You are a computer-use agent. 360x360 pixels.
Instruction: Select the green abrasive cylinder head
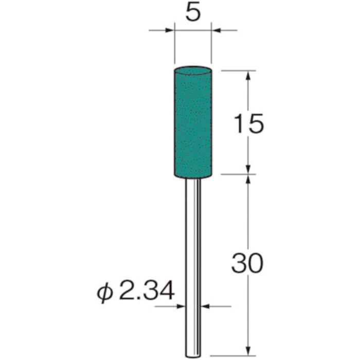click(193, 123)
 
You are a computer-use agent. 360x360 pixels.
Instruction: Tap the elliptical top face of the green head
click(193, 69)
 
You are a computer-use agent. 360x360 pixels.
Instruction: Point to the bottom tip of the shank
click(193, 354)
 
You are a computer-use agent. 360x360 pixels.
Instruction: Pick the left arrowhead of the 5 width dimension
click(170, 31)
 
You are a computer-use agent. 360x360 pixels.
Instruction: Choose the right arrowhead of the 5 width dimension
click(216, 31)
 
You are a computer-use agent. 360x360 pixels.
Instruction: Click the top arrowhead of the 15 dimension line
click(248, 75)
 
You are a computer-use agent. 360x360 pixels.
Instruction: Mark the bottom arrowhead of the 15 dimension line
click(248, 170)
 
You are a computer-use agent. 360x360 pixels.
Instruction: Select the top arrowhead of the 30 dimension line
click(248, 179)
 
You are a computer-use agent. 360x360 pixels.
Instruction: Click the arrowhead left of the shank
click(182, 307)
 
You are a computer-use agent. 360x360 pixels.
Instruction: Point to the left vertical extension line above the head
click(174, 49)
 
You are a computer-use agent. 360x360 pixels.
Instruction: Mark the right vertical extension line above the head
click(211, 49)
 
